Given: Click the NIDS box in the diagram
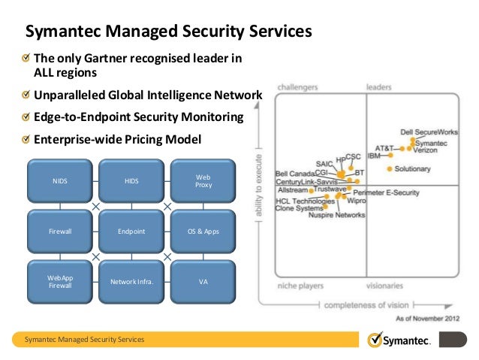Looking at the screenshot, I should pos(59,180).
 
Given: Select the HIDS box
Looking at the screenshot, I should pos(131,180).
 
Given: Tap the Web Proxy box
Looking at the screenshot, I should pos(203,180).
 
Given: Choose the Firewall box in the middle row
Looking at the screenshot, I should pos(59,231).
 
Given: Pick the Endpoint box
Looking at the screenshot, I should pos(131,231).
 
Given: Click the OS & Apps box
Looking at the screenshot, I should pos(203,231).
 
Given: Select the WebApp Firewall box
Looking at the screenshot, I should pos(59,282).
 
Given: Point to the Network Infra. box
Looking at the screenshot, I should pos(131,282).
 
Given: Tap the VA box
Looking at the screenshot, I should pos(203,282).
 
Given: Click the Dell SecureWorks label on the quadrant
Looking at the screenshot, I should pos(428,132).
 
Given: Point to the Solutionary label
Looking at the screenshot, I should pos(412,169).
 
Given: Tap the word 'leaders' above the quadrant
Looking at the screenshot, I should pos(379,87).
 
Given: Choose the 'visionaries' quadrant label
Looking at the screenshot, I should pos(385,286).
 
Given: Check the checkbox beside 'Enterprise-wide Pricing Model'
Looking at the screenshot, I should pos(27,139).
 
